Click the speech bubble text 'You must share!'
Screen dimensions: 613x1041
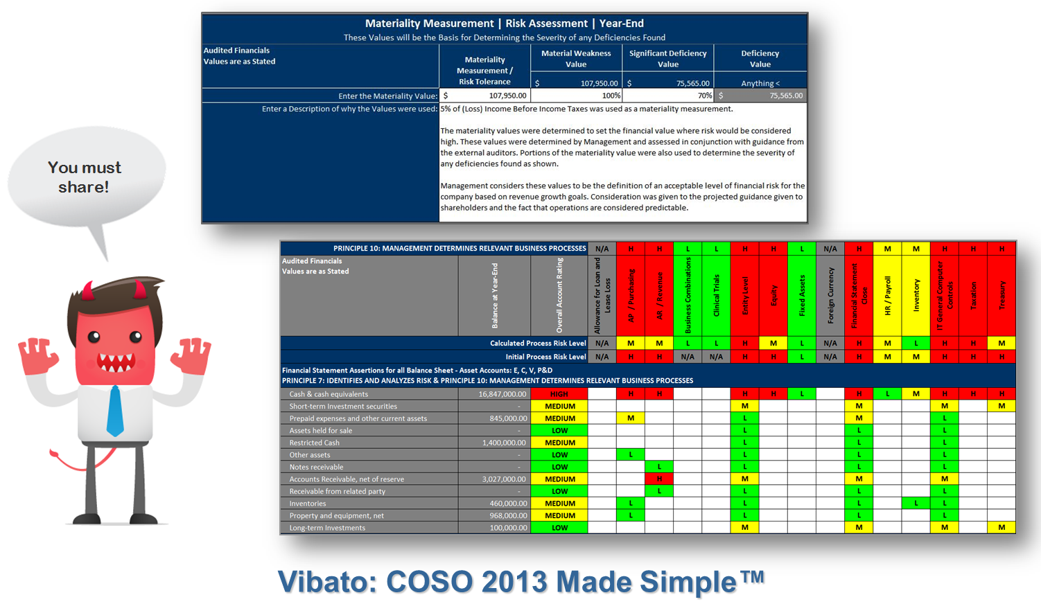point(84,177)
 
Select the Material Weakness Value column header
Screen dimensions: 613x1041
point(576,58)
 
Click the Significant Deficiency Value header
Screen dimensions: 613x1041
point(667,58)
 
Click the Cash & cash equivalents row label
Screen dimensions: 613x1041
point(329,394)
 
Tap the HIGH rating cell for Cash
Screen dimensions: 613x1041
point(559,394)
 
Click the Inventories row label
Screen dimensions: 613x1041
point(308,504)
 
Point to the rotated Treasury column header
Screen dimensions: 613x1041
point(1001,295)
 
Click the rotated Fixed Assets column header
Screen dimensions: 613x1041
point(802,295)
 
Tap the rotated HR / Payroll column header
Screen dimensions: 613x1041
point(887,296)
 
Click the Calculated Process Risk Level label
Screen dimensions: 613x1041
point(538,343)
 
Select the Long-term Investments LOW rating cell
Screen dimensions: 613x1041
point(559,528)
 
